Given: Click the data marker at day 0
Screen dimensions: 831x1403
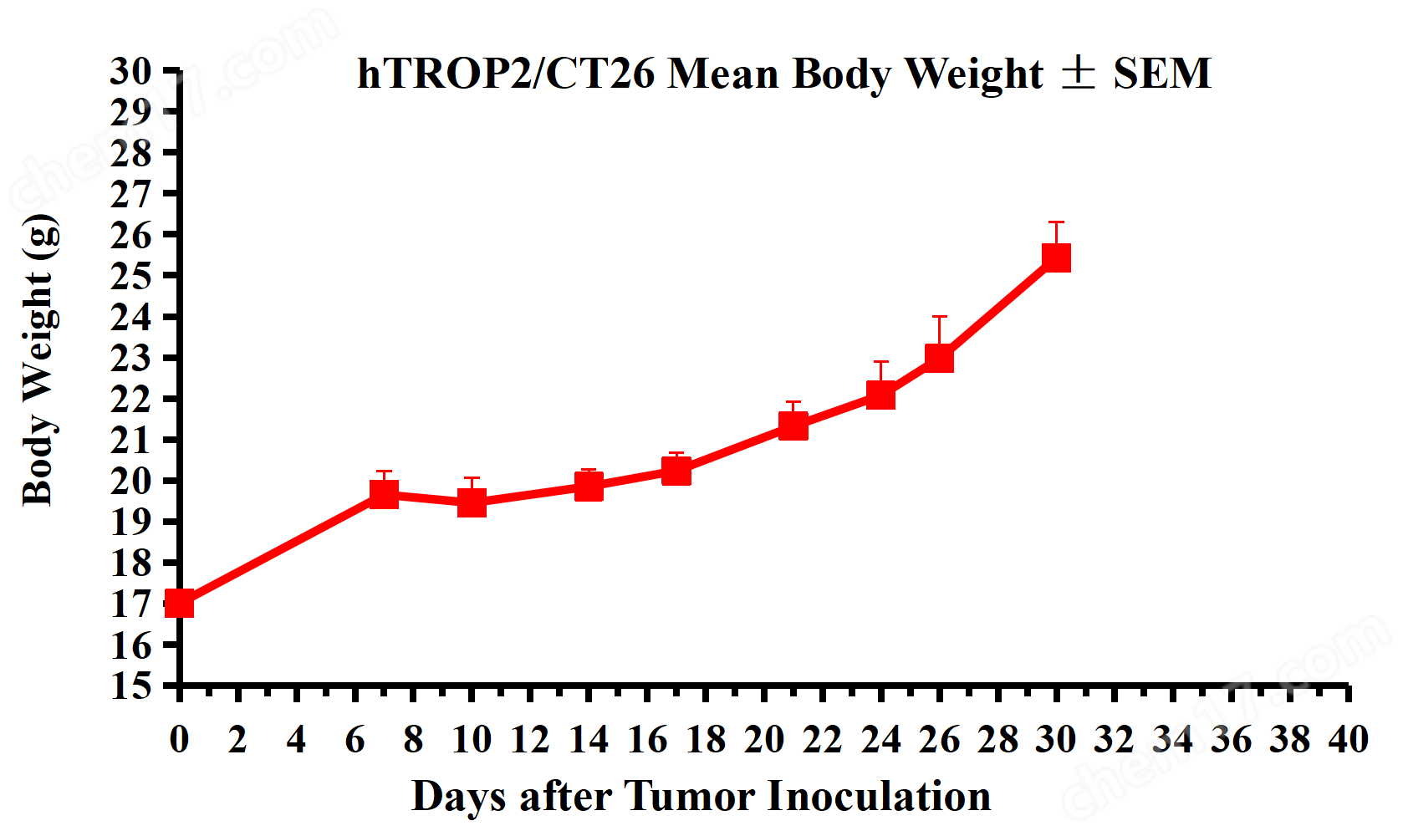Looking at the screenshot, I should point(180,603).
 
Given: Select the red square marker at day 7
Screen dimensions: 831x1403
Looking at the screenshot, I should point(384,494).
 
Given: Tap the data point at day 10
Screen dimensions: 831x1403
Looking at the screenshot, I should point(472,502).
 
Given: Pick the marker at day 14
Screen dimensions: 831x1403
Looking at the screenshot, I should point(589,486).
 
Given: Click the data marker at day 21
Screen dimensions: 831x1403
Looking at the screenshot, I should point(793,426).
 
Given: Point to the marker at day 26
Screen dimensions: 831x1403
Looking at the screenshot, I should point(939,358).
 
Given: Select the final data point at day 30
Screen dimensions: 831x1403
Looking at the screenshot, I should point(1056,257).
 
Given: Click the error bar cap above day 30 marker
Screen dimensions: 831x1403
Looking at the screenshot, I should point(1056,222).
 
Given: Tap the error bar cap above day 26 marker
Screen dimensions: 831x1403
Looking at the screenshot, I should point(939,317).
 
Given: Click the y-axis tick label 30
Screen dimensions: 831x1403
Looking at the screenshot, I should point(131,71).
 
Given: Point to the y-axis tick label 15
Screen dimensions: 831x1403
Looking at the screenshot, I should point(131,686).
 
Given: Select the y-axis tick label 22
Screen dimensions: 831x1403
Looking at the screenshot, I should point(131,399).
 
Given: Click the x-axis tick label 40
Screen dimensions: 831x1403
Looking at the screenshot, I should point(1348,740).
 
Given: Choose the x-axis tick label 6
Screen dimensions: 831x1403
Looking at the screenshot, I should point(355,740).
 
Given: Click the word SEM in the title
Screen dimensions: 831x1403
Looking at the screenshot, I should point(1161,74).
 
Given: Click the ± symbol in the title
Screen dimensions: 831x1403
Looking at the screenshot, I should point(1078,74).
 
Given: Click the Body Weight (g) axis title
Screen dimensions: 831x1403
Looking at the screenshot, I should point(39,359).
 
